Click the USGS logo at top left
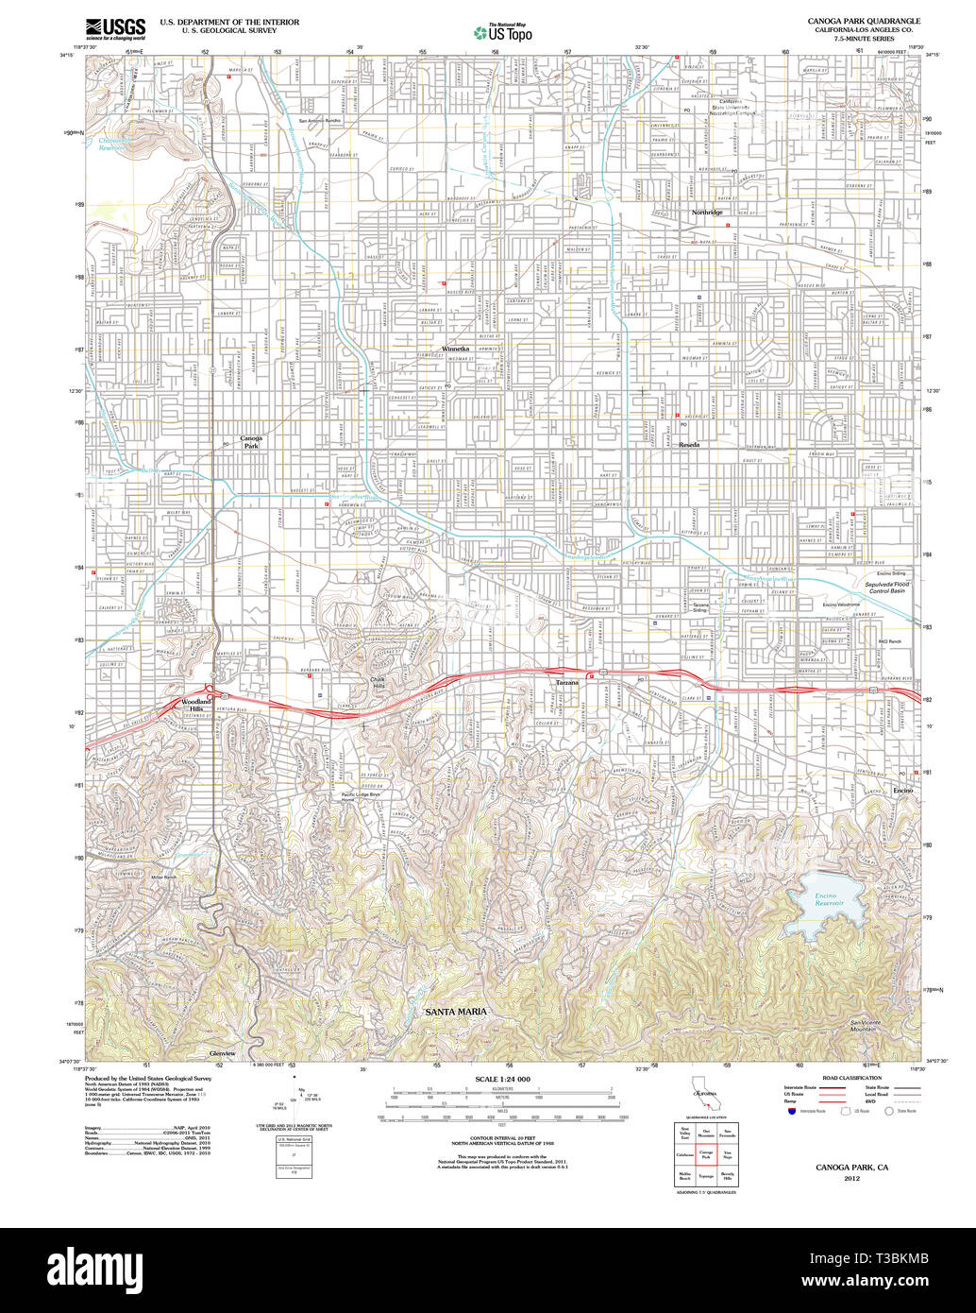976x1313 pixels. [x=115, y=27]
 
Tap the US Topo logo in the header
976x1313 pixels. [x=502, y=33]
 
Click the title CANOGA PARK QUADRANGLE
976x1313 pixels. [x=864, y=20]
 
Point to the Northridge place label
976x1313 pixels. [x=706, y=213]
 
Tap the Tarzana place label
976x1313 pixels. [x=566, y=682]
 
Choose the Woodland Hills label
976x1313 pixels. [x=196, y=705]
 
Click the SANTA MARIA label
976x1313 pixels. [x=457, y=1012]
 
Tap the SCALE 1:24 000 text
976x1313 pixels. [x=502, y=1079]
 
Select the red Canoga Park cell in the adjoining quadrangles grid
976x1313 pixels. [x=705, y=1154]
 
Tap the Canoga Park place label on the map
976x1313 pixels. [x=250, y=442]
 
